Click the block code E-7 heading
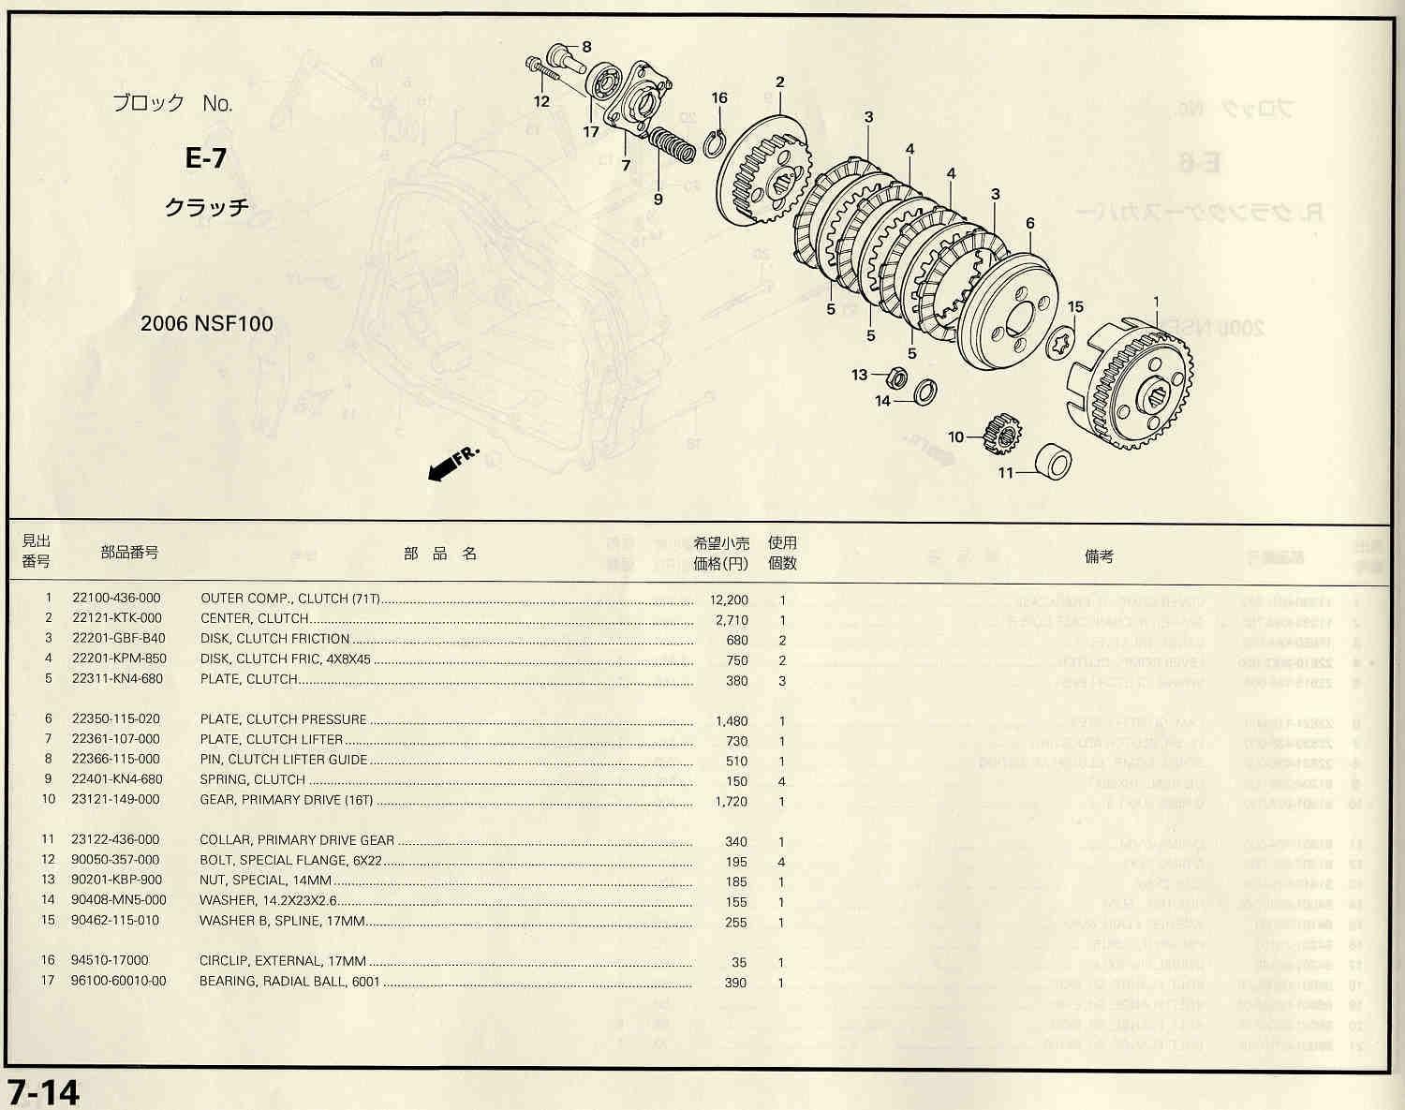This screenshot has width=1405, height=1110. click(x=206, y=157)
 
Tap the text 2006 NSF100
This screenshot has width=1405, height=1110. click(x=206, y=324)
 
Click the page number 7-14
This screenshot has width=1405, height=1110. click(x=44, y=1092)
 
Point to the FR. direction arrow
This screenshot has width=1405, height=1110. click(x=452, y=464)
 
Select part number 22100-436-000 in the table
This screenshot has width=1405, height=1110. click(x=116, y=599)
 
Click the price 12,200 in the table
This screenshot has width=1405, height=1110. click(x=730, y=599)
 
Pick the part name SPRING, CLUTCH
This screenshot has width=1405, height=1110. click(x=253, y=779)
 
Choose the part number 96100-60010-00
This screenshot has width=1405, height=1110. click(x=119, y=981)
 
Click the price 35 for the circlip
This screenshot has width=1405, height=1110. click(x=740, y=962)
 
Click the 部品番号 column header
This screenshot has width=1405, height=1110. click(x=129, y=553)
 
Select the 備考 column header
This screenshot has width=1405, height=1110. click(x=1099, y=556)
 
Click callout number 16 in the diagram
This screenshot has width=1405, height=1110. click(x=718, y=98)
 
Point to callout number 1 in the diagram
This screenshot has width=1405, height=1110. click(x=1156, y=302)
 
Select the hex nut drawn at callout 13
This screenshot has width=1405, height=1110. click(x=895, y=377)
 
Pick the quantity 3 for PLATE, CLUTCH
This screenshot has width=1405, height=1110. click(x=782, y=681)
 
